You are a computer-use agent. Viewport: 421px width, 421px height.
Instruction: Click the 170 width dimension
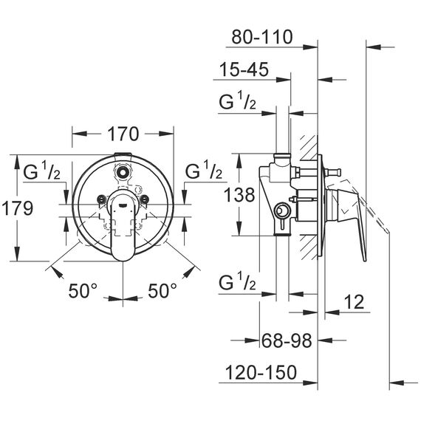click(123, 134)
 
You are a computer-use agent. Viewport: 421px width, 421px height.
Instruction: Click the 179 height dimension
click(18, 208)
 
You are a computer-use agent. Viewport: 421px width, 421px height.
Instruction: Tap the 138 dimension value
click(239, 195)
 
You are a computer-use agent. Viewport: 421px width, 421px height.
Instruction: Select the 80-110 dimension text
click(261, 37)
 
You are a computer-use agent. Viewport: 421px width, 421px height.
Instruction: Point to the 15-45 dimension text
click(244, 69)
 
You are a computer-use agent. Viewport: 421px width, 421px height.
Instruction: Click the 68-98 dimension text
click(287, 340)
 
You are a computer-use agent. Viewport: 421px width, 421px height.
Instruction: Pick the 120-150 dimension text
click(261, 372)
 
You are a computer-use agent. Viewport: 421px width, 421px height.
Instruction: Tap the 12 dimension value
click(355, 302)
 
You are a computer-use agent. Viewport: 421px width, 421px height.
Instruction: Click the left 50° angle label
click(83, 291)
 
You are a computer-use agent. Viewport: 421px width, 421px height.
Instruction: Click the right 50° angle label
click(162, 291)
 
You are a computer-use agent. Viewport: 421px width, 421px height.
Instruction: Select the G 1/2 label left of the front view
click(42, 171)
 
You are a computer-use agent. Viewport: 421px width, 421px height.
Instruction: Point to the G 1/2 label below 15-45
click(238, 100)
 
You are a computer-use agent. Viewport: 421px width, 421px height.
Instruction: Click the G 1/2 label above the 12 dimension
click(238, 281)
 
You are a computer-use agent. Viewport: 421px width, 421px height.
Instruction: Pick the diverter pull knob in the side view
click(333, 171)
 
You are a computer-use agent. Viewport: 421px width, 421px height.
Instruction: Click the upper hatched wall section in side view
click(309, 148)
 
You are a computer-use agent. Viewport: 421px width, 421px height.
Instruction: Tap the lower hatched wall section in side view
click(309, 247)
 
